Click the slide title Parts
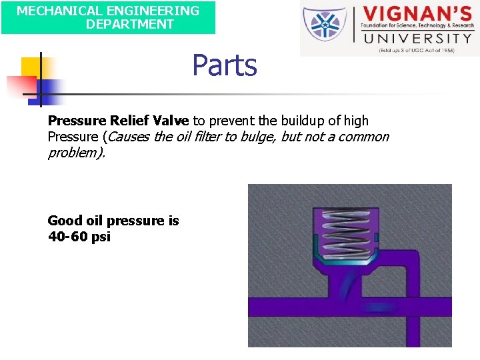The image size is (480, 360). (225, 65)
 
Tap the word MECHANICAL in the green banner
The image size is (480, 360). (53, 11)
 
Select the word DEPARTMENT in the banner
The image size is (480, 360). (130, 24)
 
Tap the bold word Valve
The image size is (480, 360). (171, 121)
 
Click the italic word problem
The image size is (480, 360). (75, 153)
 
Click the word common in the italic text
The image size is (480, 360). (361, 137)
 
